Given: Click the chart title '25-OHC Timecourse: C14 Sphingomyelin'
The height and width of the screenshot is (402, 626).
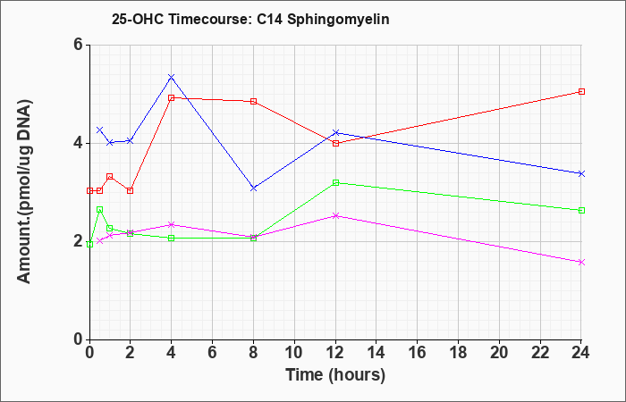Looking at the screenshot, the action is pos(250,19).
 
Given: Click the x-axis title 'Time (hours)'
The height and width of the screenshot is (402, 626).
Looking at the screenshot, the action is pos(335,375).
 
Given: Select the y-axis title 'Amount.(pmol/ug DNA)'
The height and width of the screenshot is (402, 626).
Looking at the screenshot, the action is pos(25,192).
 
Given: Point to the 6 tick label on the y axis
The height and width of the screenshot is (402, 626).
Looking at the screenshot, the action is pos(79,45).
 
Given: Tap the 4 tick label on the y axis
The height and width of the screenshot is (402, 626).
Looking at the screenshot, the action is pos(79,143).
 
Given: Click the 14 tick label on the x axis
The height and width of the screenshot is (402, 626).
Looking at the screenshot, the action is pos(376,353).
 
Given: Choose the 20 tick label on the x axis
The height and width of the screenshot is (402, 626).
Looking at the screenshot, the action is pos(499,353).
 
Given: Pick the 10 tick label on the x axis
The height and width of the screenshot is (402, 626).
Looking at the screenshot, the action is pos(294,353).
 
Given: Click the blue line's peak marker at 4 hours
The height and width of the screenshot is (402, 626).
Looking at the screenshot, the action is pos(172,77).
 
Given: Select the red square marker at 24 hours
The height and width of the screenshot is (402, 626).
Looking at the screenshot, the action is pos(581,92).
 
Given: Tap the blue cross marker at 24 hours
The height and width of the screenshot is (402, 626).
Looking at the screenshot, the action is pos(581,174).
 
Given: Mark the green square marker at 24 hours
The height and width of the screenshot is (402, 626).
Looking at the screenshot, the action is pos(581,211).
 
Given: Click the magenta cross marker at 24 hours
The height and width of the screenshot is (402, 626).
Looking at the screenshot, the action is pos(581,262).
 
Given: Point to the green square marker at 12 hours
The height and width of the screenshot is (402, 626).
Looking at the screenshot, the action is pos(335,182).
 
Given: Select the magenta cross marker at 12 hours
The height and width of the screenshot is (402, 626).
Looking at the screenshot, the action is pos(335,216).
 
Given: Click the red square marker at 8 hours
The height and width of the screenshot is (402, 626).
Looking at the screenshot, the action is pos(253,101).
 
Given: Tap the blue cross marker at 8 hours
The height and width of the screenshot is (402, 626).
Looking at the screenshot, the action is pos(253,188).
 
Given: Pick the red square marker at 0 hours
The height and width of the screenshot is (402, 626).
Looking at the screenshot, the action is pos(89,190).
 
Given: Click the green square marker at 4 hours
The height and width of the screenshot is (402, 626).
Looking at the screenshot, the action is pos(172,239).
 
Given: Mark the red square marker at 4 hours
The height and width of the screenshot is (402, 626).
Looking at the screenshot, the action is pos(172,97).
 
